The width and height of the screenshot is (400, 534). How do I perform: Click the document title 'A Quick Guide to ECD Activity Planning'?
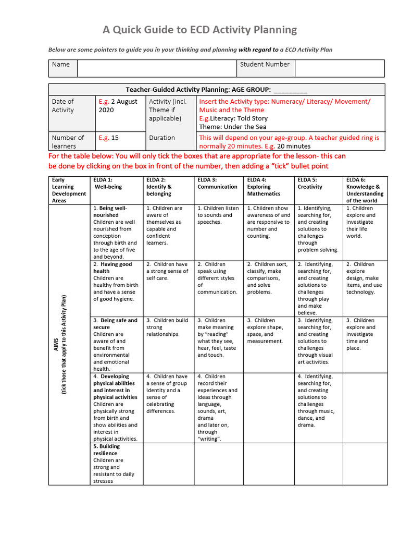pyautogui.click(x=199, y=30)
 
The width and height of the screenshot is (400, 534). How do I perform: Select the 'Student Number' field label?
pyautogui.click(x=265, y=65)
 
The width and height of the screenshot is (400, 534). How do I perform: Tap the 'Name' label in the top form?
pyautogui.click(x=61, y=65)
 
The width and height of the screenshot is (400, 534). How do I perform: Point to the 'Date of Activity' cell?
pyautogui.click(x=63, y=106)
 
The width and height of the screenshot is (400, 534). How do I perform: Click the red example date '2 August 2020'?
pyautogui.click(x=118, y=106)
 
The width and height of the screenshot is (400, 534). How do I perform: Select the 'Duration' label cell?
pyautogui.click(x=162, y=138)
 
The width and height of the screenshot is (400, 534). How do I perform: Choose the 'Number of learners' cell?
pyautogui.click(x=68, y=142)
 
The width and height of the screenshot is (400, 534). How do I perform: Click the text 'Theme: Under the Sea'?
pyautogui.click(x=232, y=127)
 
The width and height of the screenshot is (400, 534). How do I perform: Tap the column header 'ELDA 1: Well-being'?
pyautogui.click(x=108, y=183)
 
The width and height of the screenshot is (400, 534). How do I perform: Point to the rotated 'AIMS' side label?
pyautogui.click(x=57, y=344)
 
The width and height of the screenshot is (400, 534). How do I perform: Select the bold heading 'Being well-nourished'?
pyautogui.click(x=110, y=212)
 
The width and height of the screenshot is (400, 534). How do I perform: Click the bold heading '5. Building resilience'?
pyautogui.click(x=107, y=450)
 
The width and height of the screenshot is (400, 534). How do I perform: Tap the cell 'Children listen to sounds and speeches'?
pyautogui.click(x=218, y=215)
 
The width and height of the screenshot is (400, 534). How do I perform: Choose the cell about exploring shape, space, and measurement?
pyautogui.click(x=265, y=331)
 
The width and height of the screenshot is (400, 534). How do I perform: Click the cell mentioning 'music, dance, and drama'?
pyautogui.click(x=316, y=400)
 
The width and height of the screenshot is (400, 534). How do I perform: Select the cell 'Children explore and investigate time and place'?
pyautogui.click(x=360, y=334)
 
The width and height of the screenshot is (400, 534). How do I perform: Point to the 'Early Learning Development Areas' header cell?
pyautogui.click(x=69, y=190)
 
